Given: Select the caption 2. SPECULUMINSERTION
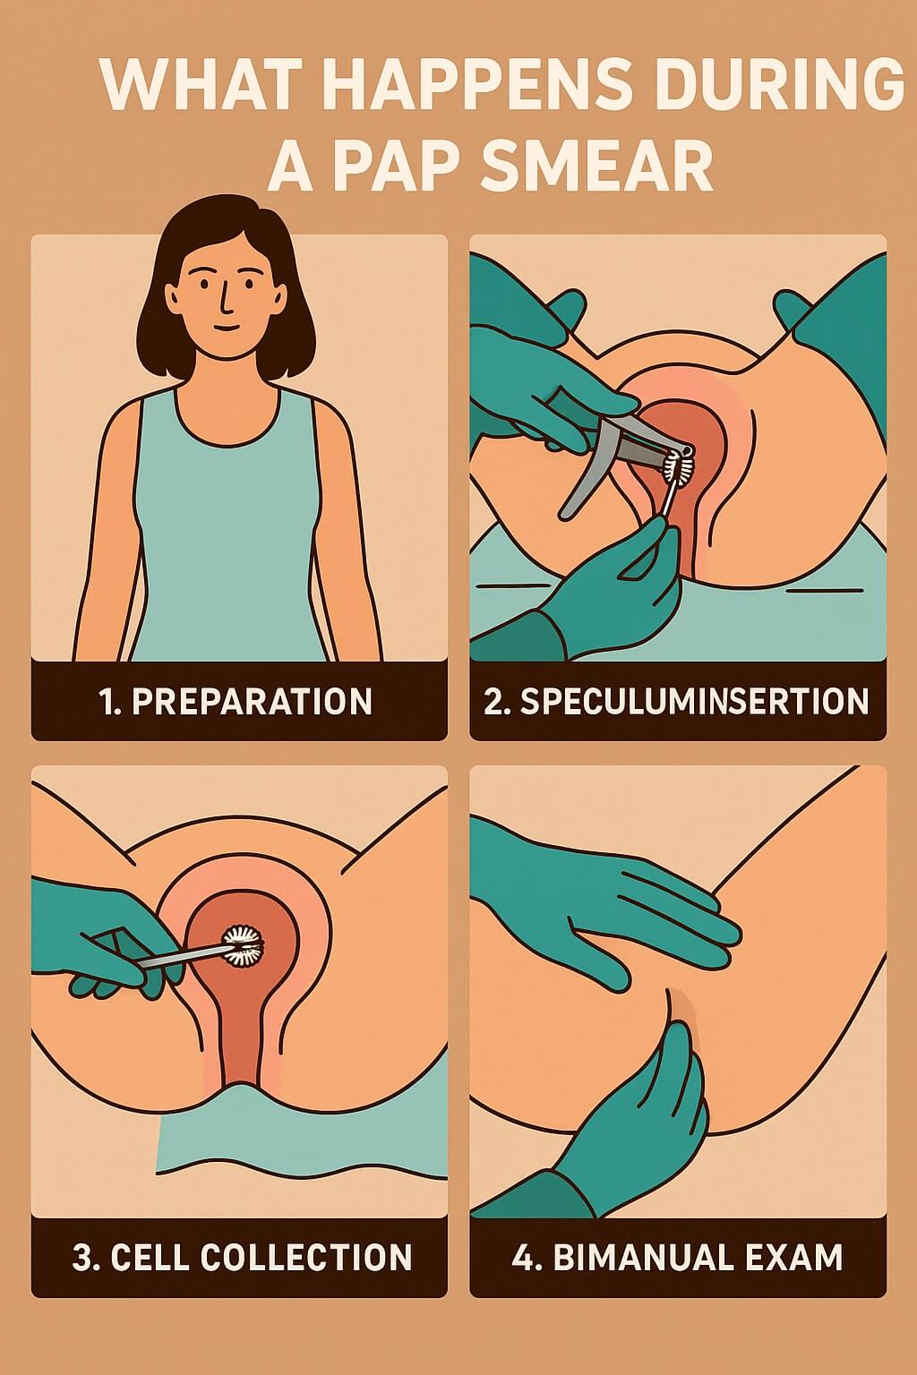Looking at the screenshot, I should pos(677,701).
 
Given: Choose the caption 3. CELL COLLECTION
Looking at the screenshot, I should pos(242,1257).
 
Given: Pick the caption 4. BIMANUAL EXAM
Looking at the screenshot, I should pos(677,1257).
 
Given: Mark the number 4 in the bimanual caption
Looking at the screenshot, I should pos(522,1257).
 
